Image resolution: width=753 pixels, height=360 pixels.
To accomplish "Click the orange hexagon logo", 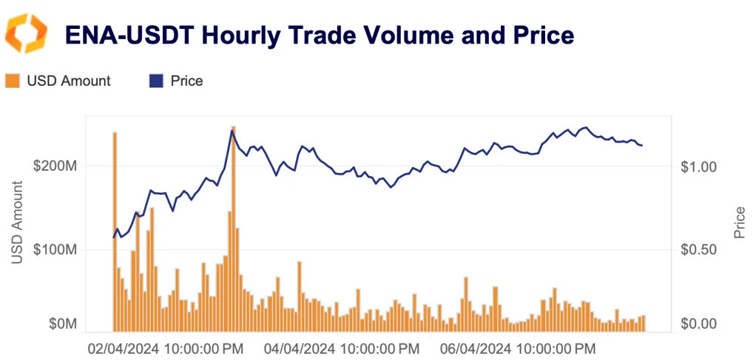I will pos(26,33).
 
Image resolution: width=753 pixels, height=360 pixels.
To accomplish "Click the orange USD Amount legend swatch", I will pos(13,81).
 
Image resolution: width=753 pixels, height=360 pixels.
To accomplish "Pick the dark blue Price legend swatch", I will pos(156,81).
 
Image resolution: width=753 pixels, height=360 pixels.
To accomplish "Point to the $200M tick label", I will pos(55,166).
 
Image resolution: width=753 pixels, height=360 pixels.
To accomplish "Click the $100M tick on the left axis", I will pos(55,250).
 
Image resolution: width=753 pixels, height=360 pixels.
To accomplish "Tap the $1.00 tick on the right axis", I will pos(699,166).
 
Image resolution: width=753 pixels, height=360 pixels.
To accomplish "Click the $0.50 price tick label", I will pos(699,250).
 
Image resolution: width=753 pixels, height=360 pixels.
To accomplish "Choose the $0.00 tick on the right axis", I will pos(699,324).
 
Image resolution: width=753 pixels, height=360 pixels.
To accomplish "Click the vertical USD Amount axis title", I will pos(18,222).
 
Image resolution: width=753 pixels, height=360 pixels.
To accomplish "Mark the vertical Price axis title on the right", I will pos(739,222).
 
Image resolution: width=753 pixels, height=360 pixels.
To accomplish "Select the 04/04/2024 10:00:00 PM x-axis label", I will pos(342,347).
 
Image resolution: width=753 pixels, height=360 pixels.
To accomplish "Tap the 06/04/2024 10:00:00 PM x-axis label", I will pos(519,347).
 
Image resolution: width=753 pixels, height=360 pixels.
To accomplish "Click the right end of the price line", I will pos(642,146).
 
